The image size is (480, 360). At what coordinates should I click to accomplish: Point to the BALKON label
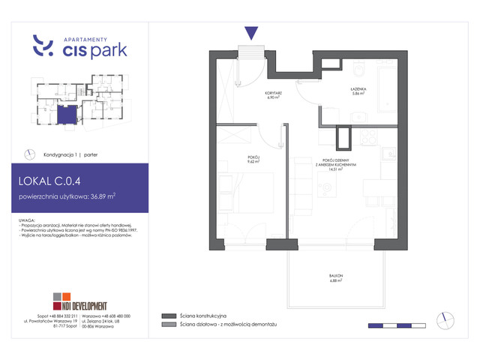pos(334,276)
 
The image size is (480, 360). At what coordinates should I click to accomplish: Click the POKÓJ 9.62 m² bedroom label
pos(253,159)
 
